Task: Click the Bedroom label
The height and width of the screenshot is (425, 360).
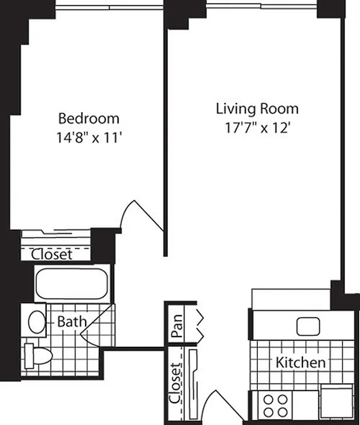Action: click(x=89, y=118)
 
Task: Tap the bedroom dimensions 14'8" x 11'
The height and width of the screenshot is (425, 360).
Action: click(x=89, y=138)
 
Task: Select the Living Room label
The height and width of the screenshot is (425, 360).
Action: click(x=257, y=109)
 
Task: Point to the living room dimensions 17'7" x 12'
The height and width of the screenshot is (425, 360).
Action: click(x=257, y=129)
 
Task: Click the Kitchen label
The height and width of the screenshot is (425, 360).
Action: click(x=300, y=363)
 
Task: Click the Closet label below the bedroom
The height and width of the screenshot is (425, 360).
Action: click(x=52, y=254)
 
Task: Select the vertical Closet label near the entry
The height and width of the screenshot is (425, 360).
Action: click(x=175, y=384)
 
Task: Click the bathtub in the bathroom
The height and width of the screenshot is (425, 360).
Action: click(x=72, y=283)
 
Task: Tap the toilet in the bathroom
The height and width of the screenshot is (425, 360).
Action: click(x=37, y=355)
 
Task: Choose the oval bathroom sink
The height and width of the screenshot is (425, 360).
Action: click(x=37, y=321)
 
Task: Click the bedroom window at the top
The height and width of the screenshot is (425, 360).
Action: click(x=109, y=6)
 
